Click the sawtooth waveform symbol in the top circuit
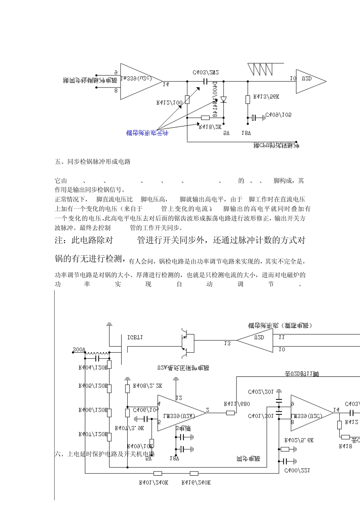click(x=260, y=69)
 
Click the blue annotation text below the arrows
click(x=147, y=133)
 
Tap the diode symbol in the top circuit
click(x=223, y=100)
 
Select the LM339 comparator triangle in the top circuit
click(x=139, y=81)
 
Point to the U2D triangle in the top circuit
click(x=309, y=81)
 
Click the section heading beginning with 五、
click(x=93, y=162)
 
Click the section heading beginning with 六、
click(x=105, y=454)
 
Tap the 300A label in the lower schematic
click(x=79, y=350)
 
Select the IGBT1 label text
click(x=135, y=337)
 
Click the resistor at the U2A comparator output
click(x=230, y=413)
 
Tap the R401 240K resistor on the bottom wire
click(x=158, y=473)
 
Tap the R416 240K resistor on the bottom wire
click(x=194, y=473)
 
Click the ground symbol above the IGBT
click(x=109, y=325)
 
